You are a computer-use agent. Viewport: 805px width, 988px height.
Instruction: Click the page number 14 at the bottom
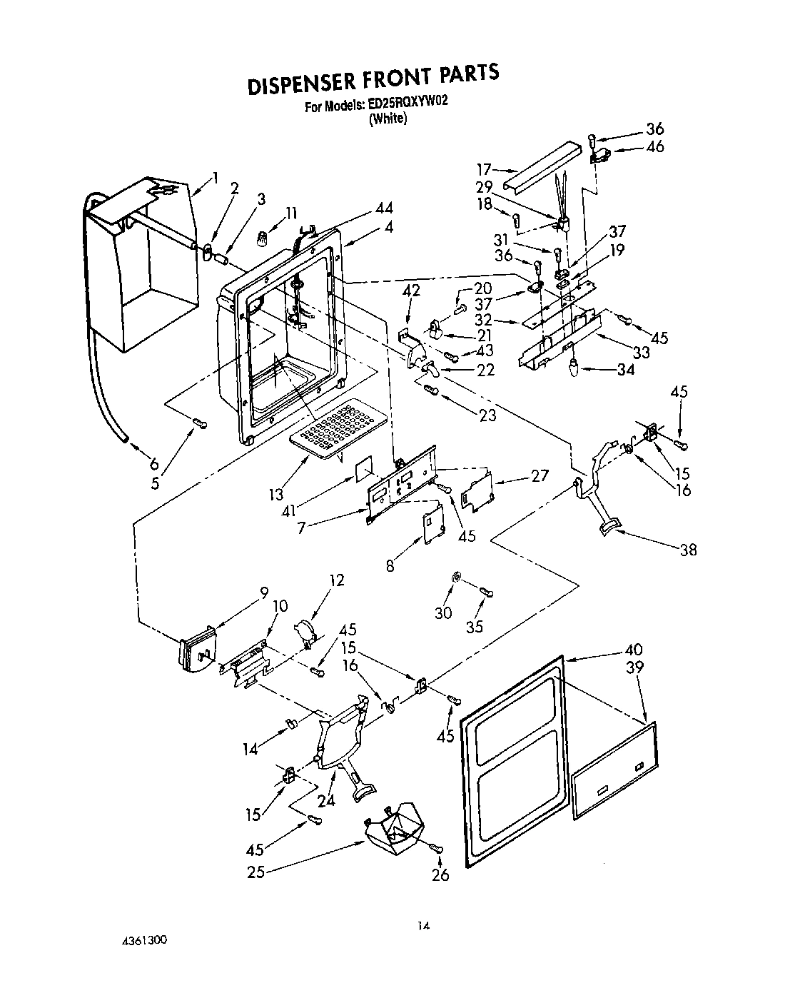coord(424,926)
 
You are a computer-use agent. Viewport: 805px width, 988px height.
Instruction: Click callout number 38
coord(687,550)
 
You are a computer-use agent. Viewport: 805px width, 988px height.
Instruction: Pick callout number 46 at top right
coord(654,146)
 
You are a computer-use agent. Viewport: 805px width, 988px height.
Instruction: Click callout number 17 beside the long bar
coord(485,169)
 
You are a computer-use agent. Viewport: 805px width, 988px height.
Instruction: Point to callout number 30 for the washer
coord(443,613)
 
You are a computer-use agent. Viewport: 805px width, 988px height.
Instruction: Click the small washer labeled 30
coord(455,575)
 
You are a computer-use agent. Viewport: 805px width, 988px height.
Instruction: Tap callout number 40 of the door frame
coord(634,650)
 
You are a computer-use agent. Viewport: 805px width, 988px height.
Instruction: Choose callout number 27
coord(539,475)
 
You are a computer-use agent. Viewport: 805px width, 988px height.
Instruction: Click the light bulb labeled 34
coord(574,368)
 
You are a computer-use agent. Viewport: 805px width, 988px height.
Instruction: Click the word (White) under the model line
coord(388,120)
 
